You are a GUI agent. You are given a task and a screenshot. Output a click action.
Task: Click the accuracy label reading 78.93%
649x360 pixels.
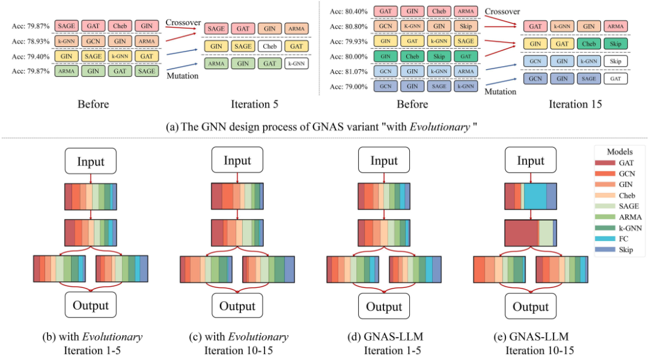click(x=31, y=41)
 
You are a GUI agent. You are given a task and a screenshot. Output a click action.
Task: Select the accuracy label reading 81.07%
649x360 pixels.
click(x=349, y=72)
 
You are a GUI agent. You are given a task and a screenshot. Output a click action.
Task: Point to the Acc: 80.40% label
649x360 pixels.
click(x=349, y=11)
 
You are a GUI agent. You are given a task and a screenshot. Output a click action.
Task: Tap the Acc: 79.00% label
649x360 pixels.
click(x=349, y=87)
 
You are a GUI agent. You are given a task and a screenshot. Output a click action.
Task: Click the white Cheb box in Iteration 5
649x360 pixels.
click(x=269, y=46)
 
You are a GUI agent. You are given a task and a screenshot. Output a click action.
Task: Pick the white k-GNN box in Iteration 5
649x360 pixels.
click(x=296, y=64)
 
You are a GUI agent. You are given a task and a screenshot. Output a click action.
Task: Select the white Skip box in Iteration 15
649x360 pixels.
click(x=615, y=61)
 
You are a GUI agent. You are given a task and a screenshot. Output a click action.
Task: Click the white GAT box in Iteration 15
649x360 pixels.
click(x=615, y=79)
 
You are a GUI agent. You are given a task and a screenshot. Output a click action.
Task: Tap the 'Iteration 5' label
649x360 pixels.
click(x=255, y=105)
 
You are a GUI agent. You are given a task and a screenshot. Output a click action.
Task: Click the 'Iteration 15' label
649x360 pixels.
click(x=575, y=105)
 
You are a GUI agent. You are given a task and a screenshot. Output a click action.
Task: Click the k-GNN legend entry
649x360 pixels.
click(x=618, y=228)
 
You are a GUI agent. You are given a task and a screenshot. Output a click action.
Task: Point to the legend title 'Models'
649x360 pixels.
click(x=620, y=152)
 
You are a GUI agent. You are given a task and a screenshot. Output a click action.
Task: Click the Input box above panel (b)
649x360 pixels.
click(x=91, y=161)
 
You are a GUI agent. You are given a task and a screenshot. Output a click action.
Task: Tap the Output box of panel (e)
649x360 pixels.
click(x=531, y=306)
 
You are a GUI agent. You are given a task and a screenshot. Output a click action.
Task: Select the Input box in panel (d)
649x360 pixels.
click(x=384, y=160)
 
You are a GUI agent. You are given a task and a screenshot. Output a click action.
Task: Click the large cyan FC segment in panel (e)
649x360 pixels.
click(x=535, y=197)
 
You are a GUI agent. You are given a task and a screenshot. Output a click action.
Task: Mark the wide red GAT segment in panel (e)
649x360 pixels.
click(x=522, y=233)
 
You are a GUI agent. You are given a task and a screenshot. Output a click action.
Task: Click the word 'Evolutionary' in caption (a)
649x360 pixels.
click(x=439, y=127)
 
